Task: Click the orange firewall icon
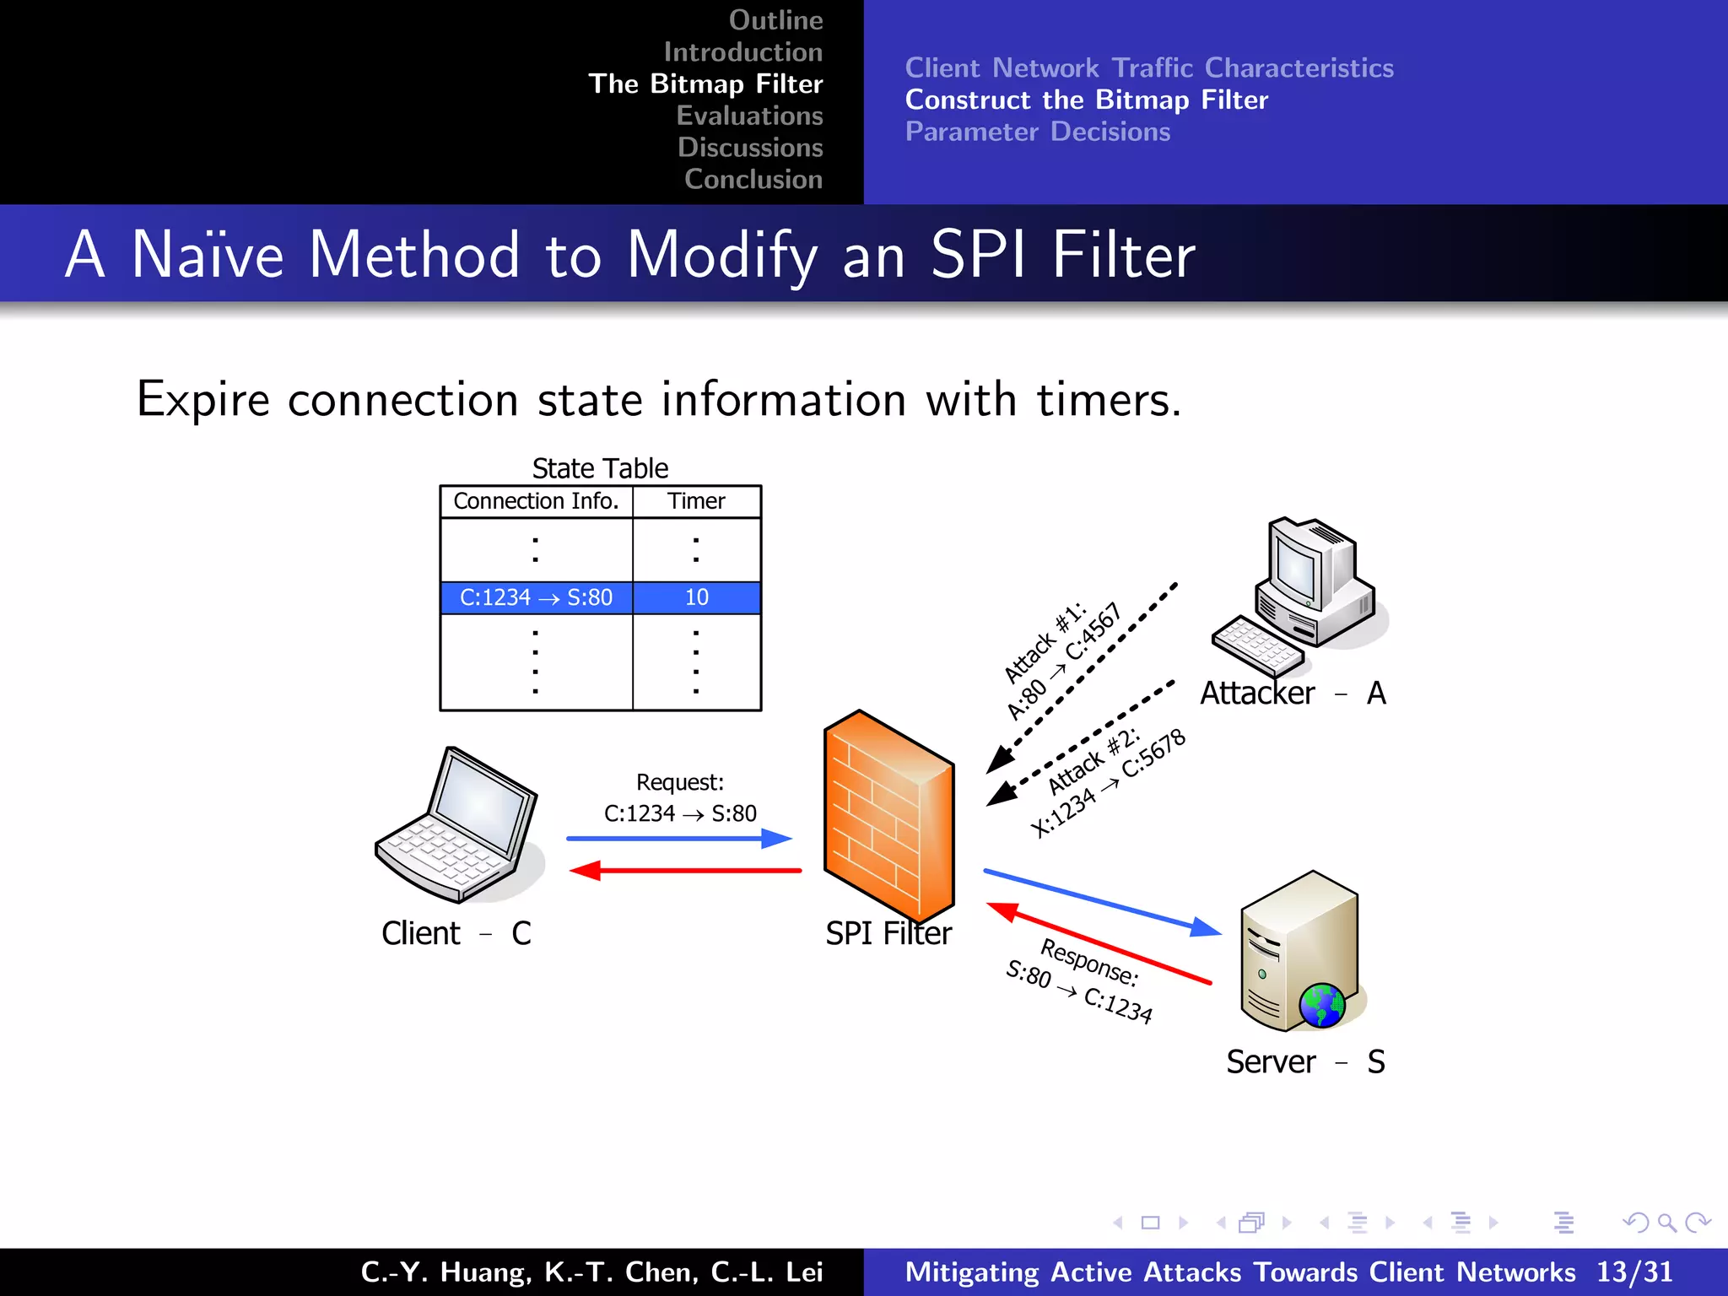click(888, 814)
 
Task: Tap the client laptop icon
click(457, 827)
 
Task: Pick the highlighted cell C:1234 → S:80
click(536, 597)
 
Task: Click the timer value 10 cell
click(696, 597)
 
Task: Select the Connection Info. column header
click(536, 501)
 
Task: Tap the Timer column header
click(696, 501)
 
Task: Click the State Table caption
click(600, 467)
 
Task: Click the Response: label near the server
click(1089, 962)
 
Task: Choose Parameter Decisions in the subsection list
click(1037, 132)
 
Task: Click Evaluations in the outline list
click(749, 116)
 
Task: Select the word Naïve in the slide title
click(208, 254)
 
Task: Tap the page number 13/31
click(1633, 1272)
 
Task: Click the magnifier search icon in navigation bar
click(1666, 1222)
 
